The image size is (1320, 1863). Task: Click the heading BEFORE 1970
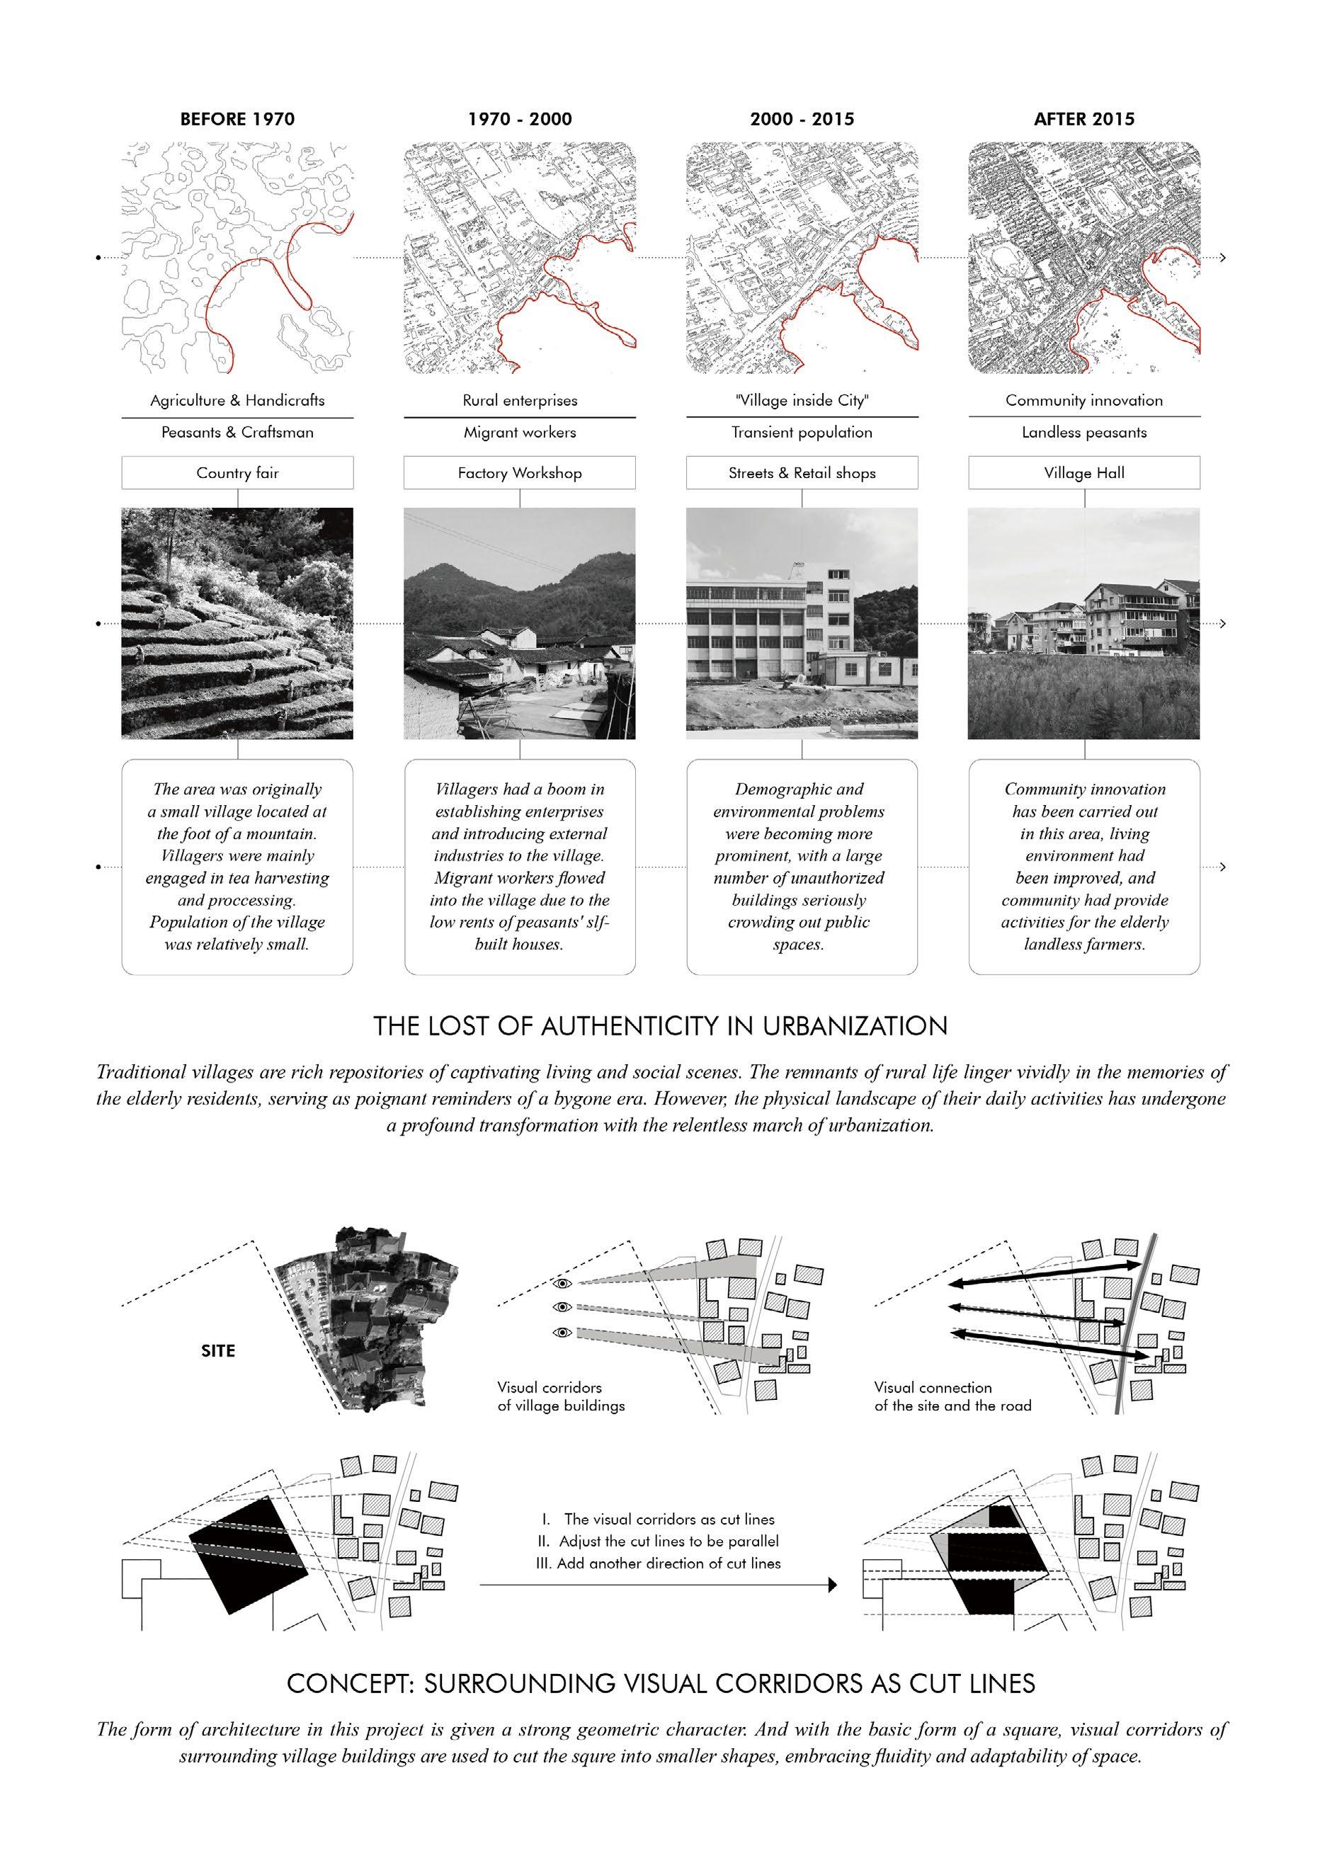tap(237, 120)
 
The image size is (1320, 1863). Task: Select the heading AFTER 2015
tap(1083, 120)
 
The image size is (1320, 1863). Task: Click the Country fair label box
tap(237, 472)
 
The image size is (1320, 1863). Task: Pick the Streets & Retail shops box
tap(802, 472)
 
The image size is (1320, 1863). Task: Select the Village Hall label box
tap(1083, 472)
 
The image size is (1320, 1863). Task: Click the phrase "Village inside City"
tap(802, 400)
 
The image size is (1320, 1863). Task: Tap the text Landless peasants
tap(1083, 433)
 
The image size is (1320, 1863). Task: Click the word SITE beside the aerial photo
tap(218, 1351)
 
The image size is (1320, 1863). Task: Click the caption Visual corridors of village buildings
tap(561, 1396)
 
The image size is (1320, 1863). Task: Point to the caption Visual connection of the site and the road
tap(952, 1396)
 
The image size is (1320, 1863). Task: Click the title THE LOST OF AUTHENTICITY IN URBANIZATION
tap(660, 1026)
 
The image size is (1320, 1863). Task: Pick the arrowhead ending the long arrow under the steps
tap(831, 1585)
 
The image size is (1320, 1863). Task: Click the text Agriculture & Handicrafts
tap(237, 400)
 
